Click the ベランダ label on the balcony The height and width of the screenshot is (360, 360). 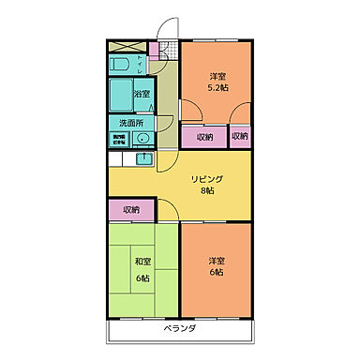(180, 329)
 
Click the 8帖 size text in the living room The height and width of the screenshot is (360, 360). (207, 190)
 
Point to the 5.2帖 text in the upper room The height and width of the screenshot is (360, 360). (217, 87)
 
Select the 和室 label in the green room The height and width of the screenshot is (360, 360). (142, 263)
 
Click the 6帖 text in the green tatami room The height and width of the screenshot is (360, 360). (142, 277)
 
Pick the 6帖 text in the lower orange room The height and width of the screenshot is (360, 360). (217, 273)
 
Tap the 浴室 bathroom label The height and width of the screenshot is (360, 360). (142, 95)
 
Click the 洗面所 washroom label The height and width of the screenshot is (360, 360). (130, 123)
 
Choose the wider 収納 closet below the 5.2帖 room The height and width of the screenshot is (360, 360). (204, 137)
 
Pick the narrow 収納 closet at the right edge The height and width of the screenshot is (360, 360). (241, 137)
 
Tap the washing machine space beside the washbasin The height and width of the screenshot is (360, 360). (120, 141)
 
